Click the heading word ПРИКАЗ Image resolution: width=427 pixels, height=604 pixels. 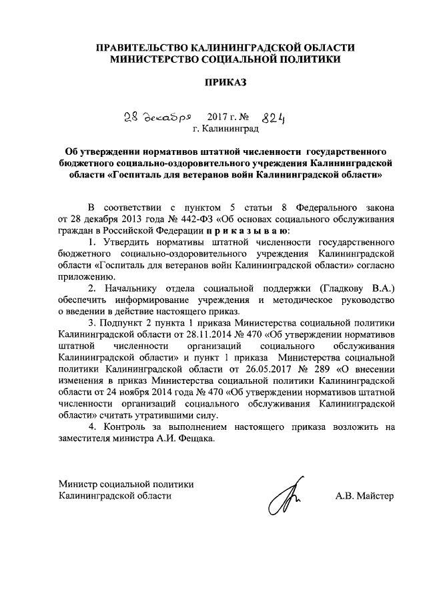tap(225, 83)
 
